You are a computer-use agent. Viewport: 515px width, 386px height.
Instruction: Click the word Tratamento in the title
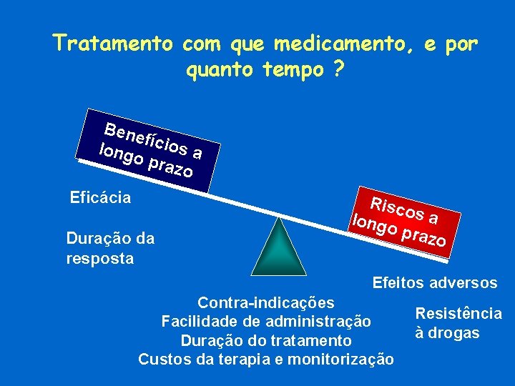pos(113,44)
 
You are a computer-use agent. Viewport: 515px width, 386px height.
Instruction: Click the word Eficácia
pos(100,197)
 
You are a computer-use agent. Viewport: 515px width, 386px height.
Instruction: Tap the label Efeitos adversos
pos(435,282)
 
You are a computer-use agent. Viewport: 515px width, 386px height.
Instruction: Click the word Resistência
pos(458,314)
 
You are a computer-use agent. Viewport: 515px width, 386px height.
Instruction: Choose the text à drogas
pos(447,334)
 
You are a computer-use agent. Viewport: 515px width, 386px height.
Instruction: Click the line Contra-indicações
pos(265,302)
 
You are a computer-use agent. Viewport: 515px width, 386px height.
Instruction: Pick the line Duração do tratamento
pos(266,340)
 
